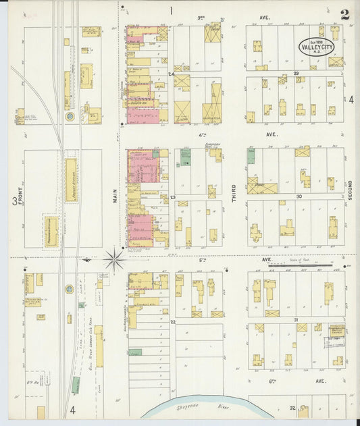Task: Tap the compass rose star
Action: (x=115, y=259)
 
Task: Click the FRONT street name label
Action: (x=20, y=199)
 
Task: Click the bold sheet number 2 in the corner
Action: (x=344, y=15)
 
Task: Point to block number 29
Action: (x=296, y=73)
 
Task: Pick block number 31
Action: (x=296, y=319)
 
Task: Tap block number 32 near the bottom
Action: (x=293, y=408)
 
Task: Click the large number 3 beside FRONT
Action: (x=14, y=201)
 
